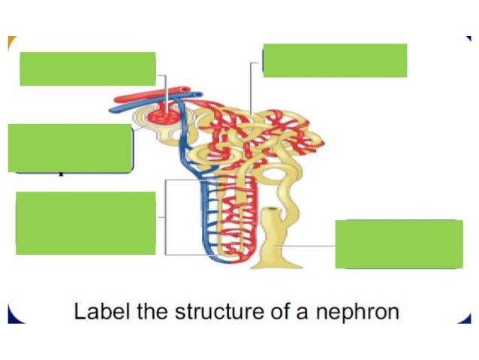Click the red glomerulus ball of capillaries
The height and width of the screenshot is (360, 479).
click(x=164, y=115)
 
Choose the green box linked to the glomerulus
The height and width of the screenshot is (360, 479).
click(x=87, y=68)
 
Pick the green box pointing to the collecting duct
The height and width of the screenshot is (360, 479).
click(x=399, y=244)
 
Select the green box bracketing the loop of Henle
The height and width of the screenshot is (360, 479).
click(x=85, y=222)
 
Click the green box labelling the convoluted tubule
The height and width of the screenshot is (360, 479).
click(x=335, y=60)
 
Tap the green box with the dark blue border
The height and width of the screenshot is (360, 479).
click(x=70, y=148)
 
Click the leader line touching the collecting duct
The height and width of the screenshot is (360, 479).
click(x=308, y=245)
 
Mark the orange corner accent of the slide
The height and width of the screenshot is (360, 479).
click(x=11, y=43)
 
